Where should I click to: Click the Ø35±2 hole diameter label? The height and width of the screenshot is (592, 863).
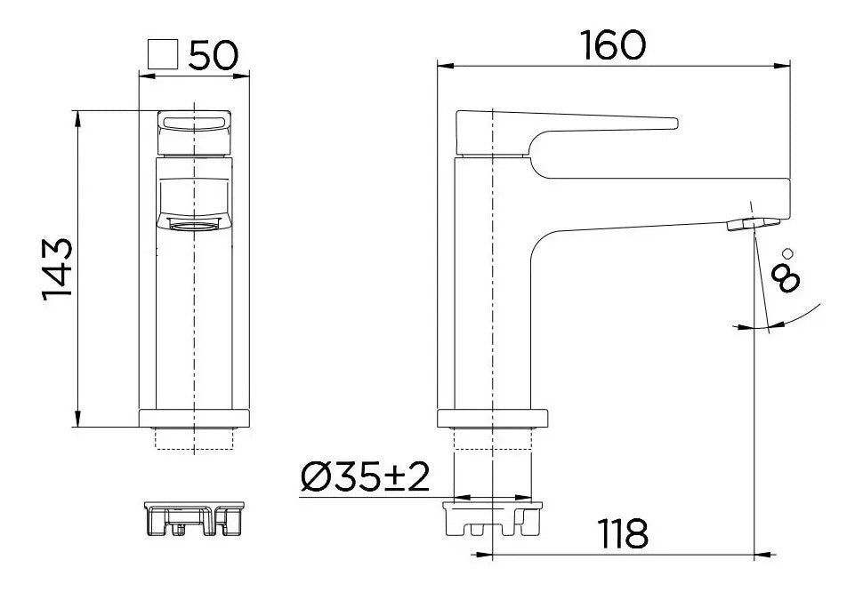click(366, 477)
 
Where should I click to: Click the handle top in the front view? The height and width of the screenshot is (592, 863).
click(194, 121)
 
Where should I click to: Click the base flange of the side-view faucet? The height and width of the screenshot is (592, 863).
click(492, 418)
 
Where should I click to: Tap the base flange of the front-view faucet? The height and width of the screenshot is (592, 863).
click(194, 418)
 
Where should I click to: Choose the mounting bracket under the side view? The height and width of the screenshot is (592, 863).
click(492, 519)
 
